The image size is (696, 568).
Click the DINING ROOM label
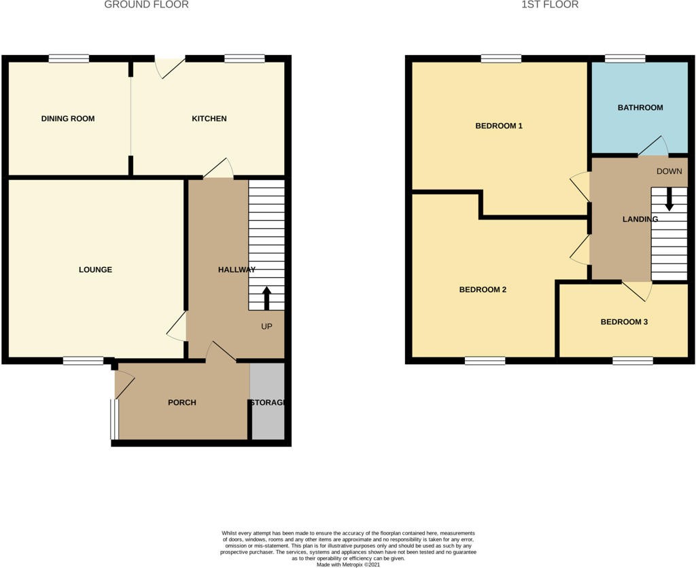[x=68, y=118]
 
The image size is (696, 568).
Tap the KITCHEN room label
[x=209, y=118]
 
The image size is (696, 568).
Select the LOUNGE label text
[x=95, y=269]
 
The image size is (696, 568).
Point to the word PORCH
[x=182, y=402]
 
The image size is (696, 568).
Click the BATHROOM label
[x=640, y=107]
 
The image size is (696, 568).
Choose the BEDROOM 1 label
[x=499, y=126]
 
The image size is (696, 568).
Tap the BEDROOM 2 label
[x=483, y=289]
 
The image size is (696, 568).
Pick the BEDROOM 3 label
[x=624, y=322]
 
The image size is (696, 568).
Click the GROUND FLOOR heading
[x=147, y=5]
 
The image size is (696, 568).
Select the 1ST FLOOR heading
[x=550, y=5]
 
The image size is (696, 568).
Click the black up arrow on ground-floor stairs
[x=266, y=298]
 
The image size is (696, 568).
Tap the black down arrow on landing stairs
[x=669, y=200]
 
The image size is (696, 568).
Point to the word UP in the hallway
[x=266, y=327]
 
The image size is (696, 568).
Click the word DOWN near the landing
[x=669, y=171]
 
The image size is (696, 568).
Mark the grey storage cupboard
[x=267, y=401]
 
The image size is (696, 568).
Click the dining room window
[x=69, y=58]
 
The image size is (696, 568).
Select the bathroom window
[x=625, y=58]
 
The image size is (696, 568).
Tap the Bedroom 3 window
[x=633, y=361]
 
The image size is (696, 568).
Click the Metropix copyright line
[x=348, y=565]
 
